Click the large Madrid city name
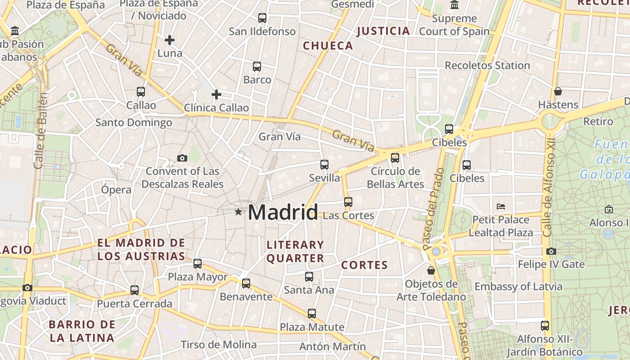point(283,212)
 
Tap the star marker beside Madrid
point(238,211)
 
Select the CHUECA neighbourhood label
point(328,45)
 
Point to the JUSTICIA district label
point(383,31)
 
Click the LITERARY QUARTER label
point(295,251)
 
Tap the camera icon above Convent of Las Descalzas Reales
point(182,158)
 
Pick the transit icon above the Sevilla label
point(324,164)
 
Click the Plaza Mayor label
point(198,277)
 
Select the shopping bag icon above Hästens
point(558,91)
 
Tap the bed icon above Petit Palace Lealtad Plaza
point(501,207)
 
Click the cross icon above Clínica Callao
point(216,94)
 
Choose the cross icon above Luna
point(170,40)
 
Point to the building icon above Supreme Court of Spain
point(454,5)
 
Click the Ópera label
point(116,189)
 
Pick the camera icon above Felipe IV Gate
point(551,251)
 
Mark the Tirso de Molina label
point(219,345)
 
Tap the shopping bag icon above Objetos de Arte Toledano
point(431,270)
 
